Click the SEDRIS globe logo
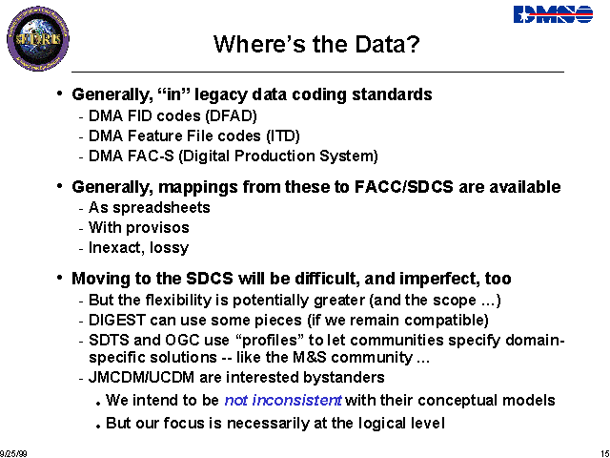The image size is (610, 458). click(38, 38)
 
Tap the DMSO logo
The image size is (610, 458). click(553, 14)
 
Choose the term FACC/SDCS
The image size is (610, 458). click(404, 187)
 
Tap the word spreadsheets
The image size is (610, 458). click(161, 208)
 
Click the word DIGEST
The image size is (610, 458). click(117, 321)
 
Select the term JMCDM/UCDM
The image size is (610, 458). click(142, 378)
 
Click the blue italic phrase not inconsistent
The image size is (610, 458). click(284, 401)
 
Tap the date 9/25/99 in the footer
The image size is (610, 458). click(13, 454)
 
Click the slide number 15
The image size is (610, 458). click(605, 454)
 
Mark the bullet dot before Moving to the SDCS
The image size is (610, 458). click(59, 278)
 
